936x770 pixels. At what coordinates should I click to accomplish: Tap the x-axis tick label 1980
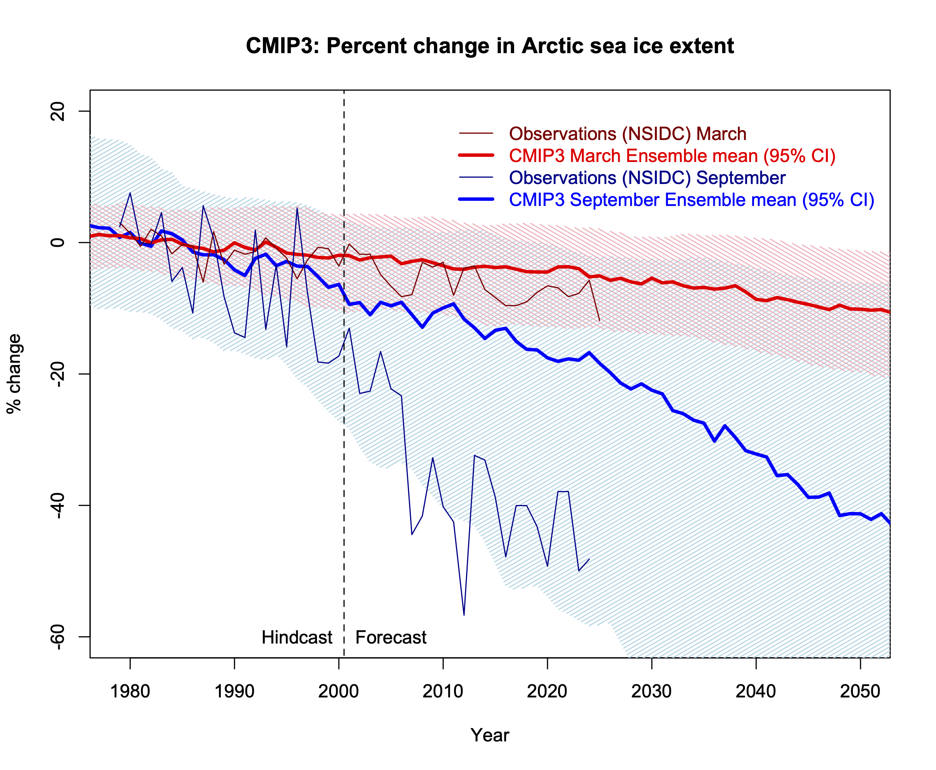tap(130, 691)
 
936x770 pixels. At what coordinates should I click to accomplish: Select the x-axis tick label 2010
tap(443, 691)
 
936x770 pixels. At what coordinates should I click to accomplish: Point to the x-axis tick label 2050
tap(860, 691)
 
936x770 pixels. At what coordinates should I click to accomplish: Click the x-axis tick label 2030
tap(651, 691)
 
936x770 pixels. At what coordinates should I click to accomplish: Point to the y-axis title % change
tap(14, 373)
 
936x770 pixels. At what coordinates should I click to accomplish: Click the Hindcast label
tap(297, 637)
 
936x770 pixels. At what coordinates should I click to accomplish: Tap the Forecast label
tap(390, 637)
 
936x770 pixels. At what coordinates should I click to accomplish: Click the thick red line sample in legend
tap(476, 155)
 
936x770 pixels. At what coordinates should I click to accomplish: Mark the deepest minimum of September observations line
tap(464, 615)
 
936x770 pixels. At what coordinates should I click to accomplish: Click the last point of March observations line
tap(599, 320)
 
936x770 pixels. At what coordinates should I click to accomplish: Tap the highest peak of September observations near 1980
tap(130, 193)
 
